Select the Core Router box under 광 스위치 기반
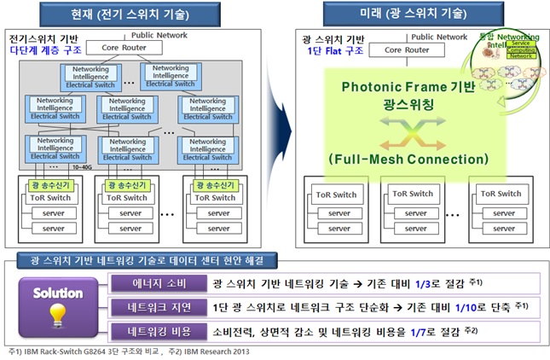coord(405,50)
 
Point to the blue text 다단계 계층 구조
coord(39,50)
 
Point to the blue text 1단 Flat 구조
coord(334,50)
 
